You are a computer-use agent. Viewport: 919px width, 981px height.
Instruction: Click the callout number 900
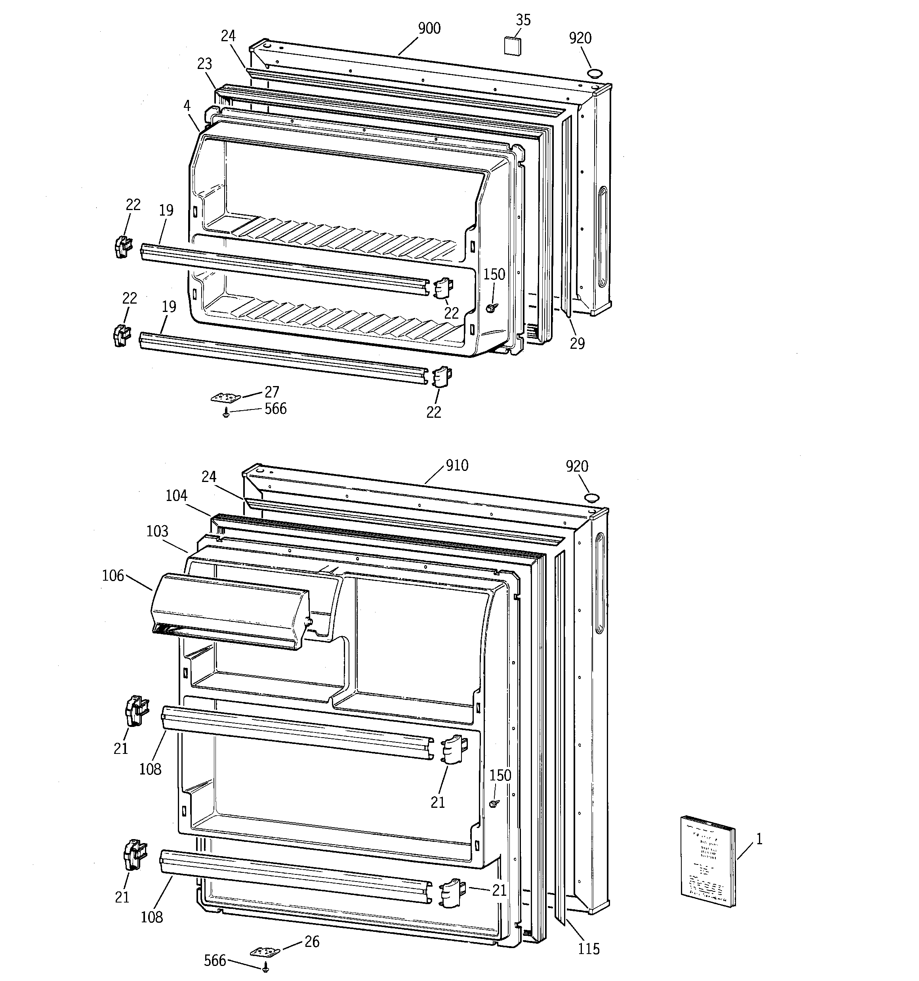(429, 29)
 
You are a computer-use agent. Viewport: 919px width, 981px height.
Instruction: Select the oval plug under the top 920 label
(595, 74)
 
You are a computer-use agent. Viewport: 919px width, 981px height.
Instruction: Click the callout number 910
(457, 465)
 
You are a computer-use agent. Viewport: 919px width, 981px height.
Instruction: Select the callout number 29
(577, 343)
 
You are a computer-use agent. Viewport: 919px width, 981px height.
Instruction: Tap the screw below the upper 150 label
(490, 308)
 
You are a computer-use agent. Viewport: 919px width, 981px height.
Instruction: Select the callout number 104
(176, 495)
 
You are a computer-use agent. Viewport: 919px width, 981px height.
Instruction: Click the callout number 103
(157, 531)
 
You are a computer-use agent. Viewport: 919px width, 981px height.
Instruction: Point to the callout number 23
(204, 64)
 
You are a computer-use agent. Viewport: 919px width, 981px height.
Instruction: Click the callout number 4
(187, 105)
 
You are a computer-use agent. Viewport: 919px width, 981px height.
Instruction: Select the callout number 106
(112, 576)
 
